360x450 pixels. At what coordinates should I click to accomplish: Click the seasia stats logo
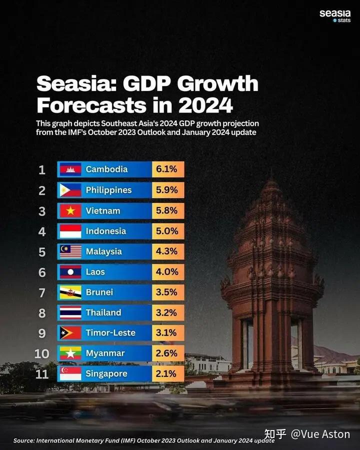point(335,15)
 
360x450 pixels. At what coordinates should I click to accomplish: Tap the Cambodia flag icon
point(70,169)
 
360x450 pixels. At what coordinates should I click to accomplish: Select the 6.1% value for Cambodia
point(167,169)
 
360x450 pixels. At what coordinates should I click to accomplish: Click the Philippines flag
point(70,190)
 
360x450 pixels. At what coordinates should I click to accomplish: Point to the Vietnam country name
point(103,210)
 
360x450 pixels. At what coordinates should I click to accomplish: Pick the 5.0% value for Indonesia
point(167,231)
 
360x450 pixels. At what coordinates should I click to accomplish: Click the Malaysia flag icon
point(70,251)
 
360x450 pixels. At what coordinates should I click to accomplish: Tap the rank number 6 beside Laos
point(42,272)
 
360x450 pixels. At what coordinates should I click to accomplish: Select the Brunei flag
point(70,292)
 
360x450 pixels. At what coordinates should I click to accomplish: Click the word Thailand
point(103,312)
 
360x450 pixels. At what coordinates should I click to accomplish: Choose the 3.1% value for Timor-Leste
point(167,333)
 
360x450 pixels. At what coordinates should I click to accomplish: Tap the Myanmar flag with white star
point(70,353)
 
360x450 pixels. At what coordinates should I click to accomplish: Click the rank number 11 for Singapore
point(42,374)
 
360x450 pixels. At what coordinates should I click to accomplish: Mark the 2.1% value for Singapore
point(167,374)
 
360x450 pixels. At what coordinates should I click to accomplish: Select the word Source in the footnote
point(24,440)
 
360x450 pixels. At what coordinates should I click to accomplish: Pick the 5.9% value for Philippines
point(167,190)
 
